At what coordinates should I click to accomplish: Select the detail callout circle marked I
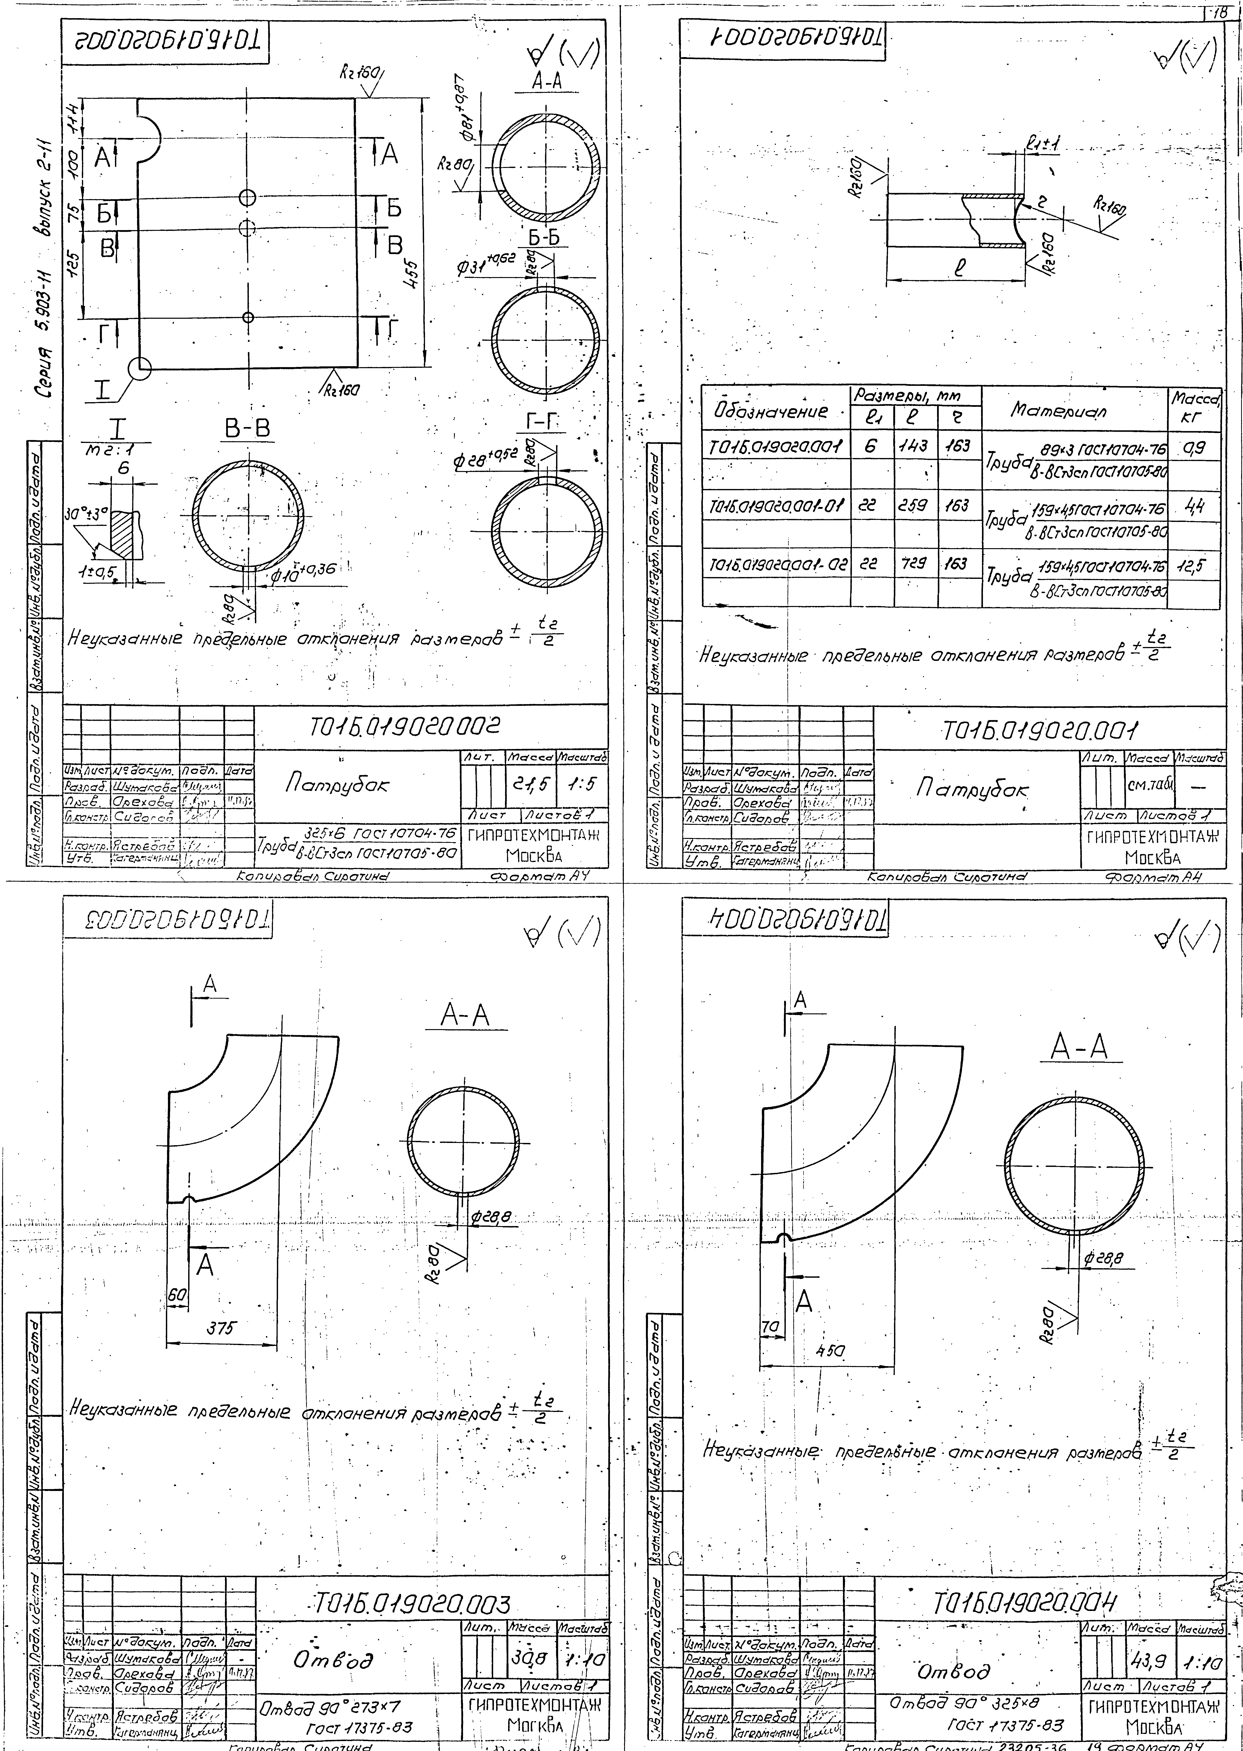pyautogui.click(x=140, y=369)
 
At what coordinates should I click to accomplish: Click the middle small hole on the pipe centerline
pyautogui.click(x=246, y=227)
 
